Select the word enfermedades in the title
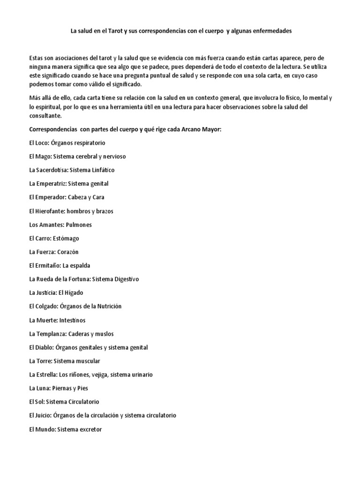pyautogui.click(x=268, y=30)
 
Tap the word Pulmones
pyautogui.click(x=79, y=225)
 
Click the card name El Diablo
pyautogui.click(x=40, y=347)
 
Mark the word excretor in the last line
pyautogui.click(x=91, y=429)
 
